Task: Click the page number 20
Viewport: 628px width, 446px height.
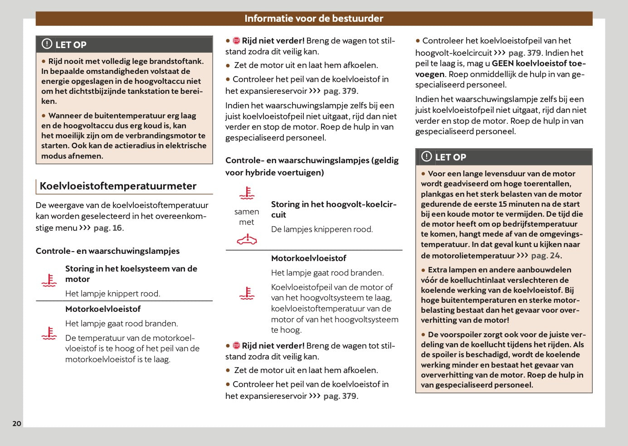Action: (17, 423)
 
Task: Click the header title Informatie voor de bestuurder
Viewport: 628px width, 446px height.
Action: (314, 19)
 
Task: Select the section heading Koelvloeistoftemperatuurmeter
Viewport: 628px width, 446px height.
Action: (118, 186)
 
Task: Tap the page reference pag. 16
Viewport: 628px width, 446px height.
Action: (108, 228)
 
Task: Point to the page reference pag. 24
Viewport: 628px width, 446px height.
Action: (545, 256)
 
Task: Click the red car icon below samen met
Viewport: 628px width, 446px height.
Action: (247, 239)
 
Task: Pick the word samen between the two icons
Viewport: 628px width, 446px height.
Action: (247, 212)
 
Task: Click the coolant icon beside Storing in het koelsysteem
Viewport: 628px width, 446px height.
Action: (49, 281)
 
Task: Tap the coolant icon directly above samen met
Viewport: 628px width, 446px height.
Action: (247, 193)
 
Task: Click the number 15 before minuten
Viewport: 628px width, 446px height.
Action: (503, 204)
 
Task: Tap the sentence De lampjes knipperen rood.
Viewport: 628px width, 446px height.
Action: (321, 229)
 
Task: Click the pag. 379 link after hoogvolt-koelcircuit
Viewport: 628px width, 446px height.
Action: (524, 53)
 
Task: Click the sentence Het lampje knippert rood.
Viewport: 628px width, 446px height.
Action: (112, 294)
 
